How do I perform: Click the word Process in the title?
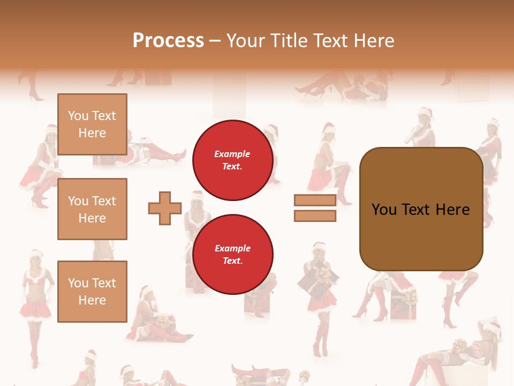[168, 40]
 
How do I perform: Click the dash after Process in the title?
[215, 41]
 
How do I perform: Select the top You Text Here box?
[92, 124]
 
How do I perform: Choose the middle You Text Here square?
[92, 209]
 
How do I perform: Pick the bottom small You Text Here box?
[92, 291]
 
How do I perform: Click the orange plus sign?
[165, 208]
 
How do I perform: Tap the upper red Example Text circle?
[232, 160]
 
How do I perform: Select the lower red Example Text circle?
[232, 255]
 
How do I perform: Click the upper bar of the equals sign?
[315, 200]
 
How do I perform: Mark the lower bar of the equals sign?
[315, 216]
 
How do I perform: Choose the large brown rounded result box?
[421, 209]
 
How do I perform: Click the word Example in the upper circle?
[232, 154]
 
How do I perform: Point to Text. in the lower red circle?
[232, 261]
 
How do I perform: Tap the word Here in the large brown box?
[452, 210]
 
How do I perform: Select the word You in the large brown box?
[384, 210]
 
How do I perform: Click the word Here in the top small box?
[92, 133]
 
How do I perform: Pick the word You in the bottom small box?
[78, 283]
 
